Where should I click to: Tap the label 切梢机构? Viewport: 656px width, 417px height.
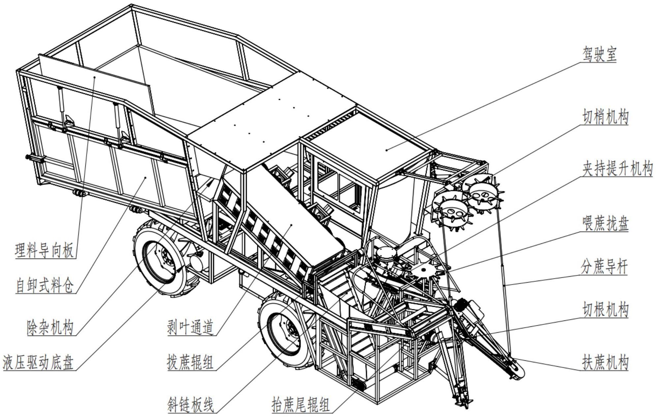point(605,117)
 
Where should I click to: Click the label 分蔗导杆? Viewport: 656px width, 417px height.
point(604,266)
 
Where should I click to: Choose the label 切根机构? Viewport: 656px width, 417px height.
point(605,310)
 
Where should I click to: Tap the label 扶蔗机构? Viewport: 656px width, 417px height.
point(605,362)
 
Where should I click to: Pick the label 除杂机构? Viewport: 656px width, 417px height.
point(50,327)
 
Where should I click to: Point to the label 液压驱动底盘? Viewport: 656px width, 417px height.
point(38,362)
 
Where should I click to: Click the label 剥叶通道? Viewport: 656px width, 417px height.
point(190,327)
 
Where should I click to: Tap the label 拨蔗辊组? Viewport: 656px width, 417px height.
point(190,362)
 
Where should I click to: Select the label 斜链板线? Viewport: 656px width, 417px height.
point(190,404)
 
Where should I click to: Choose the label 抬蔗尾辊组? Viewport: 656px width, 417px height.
point(300,404)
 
